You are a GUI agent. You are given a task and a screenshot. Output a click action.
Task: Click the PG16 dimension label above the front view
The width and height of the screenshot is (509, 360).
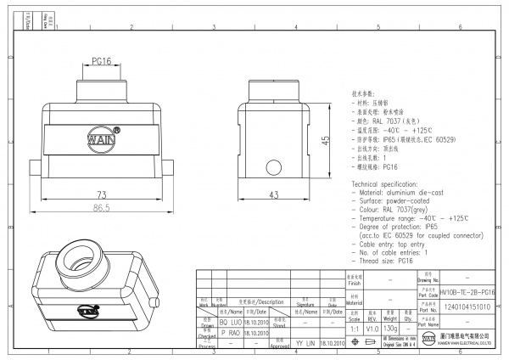(101, 62)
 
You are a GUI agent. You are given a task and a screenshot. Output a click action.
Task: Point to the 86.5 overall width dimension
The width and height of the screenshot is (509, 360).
(101, 207)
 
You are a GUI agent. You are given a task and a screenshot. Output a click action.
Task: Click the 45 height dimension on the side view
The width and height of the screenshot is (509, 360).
(326, 141)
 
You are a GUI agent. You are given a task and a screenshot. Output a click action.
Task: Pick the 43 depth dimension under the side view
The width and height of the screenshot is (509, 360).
(274, 195)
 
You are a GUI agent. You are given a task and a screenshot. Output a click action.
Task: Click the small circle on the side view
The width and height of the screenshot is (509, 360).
(273, 166)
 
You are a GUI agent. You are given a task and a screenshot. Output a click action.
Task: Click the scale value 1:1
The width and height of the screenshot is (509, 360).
(354, 327)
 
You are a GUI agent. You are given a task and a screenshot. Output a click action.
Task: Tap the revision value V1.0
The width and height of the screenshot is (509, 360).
(372, 327)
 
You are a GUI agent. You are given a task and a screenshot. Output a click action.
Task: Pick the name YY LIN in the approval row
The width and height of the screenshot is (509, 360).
(305, 344)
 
